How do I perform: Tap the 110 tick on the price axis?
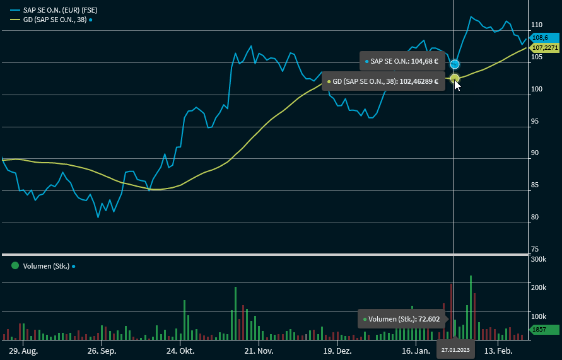(537, 25)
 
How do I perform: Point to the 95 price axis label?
(535, 121)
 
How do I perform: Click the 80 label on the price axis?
(535, 218)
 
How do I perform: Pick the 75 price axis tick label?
(535, 250)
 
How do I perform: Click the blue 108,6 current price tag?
(541, 38)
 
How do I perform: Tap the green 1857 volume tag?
(543, 329)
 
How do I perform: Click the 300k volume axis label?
(538, 259)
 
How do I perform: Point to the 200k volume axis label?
(538, 287)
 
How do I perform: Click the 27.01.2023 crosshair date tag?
(455, 350)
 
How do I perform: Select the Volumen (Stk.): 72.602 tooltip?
(402, 319)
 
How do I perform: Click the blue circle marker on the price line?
(455, 64)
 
